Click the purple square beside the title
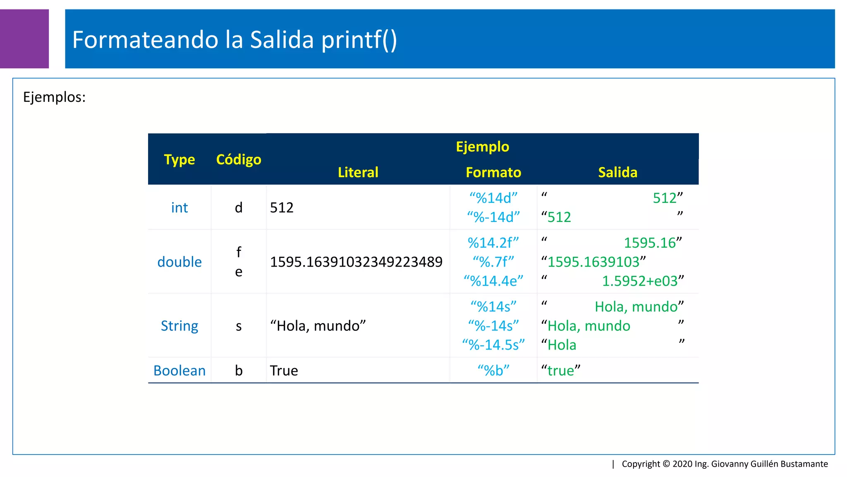(24, 39)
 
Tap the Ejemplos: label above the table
(54, 97)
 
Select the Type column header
(179, 159)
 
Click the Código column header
(239, 159)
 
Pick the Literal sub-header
(358, 172)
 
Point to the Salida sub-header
(617, 172)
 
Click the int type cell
(179, 207)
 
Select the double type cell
(179, 262)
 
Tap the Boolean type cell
(179, 371)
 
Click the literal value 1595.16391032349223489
(356, 262)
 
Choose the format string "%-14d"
(493, 217)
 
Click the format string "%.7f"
(493, 262)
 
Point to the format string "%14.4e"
(493, 281)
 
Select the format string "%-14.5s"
(493, 345)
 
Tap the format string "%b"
(493, 371)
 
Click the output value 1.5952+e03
(640, 281)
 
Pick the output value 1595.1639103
(593, 262)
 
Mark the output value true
(561, 371)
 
